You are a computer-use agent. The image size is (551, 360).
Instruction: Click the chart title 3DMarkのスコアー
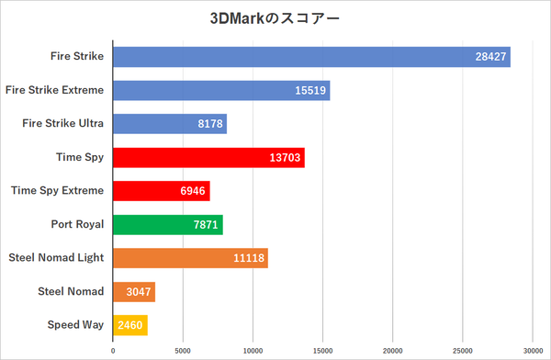coord(275,17)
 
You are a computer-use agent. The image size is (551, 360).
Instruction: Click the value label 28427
coord(489,57)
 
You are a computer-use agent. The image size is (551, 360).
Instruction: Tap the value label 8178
coord(209,124)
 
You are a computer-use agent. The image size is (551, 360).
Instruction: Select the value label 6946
coord(193,191)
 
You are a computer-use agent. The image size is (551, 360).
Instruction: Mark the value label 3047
coord(139,292)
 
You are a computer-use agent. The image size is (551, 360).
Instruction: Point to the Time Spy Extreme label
coord(57,190)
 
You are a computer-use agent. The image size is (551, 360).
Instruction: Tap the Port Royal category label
coord(77,224)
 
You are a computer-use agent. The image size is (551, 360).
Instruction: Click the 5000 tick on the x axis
coord(183,350)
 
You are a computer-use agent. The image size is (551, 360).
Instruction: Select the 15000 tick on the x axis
coord(323,350)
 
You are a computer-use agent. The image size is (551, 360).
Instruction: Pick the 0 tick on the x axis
coord(113,350)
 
